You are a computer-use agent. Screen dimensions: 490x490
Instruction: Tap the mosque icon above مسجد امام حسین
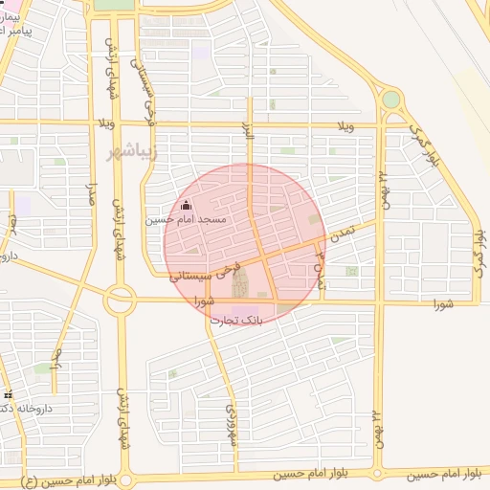click(x=186, y=205)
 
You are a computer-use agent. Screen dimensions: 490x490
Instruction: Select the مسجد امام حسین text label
click(x=186, y=219)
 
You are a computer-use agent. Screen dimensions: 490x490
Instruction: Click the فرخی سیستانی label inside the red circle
click(x=202, y=273)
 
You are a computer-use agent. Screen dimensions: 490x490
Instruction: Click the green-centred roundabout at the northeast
click(x=390, y=100)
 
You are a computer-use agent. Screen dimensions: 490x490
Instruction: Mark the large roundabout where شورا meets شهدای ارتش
click(x=121, y=301)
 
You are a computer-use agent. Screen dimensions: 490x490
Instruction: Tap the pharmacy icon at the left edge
click(x=9, y=395)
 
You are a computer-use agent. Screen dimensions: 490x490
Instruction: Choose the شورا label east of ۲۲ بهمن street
click(x=441, y=304)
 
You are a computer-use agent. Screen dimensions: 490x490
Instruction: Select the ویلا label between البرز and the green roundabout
click(x=345, y=126)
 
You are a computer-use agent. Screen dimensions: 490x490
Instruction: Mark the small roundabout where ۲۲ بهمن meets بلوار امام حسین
click(x=378, y=473)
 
